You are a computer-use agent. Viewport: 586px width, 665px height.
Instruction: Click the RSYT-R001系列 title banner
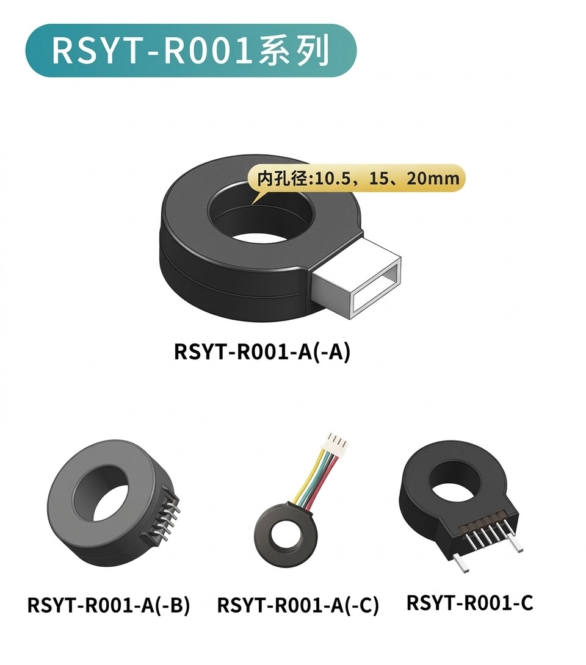click(x=191, y=51)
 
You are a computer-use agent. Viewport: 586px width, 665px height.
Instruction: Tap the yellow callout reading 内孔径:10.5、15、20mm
click(x=356, y=178)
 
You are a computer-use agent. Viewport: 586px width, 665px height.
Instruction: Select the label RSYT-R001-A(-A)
click(x=262, y=352)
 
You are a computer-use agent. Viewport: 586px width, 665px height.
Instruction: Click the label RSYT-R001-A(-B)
click(x=108, y=605)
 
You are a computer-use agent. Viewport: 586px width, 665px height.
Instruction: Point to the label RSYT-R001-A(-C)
click(x=297, y=605)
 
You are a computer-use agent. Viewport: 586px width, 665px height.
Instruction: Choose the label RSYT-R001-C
click(x=470, y=603)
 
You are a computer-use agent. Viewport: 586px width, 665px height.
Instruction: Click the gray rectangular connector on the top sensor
click(x=357, y=278)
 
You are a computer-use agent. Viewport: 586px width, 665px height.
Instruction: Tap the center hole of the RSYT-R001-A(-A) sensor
click(x=259, y=215)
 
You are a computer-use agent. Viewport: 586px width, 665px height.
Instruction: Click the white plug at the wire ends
click(x=338, y=444)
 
